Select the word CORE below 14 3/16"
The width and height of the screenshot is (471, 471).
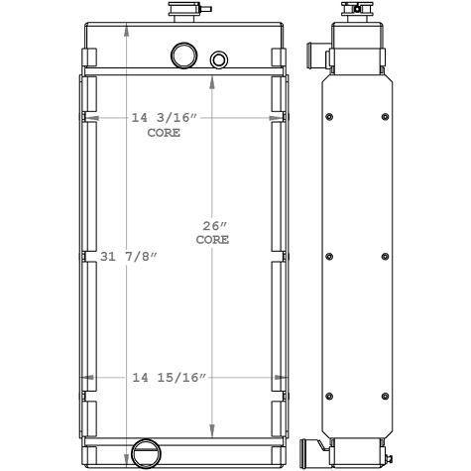164,132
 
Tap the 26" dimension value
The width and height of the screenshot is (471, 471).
212,226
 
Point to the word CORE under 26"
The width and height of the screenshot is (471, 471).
212,240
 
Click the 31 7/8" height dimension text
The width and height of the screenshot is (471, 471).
129,256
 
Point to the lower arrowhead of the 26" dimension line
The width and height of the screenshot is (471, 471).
211,429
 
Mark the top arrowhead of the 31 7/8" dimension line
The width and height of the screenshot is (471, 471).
126,27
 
